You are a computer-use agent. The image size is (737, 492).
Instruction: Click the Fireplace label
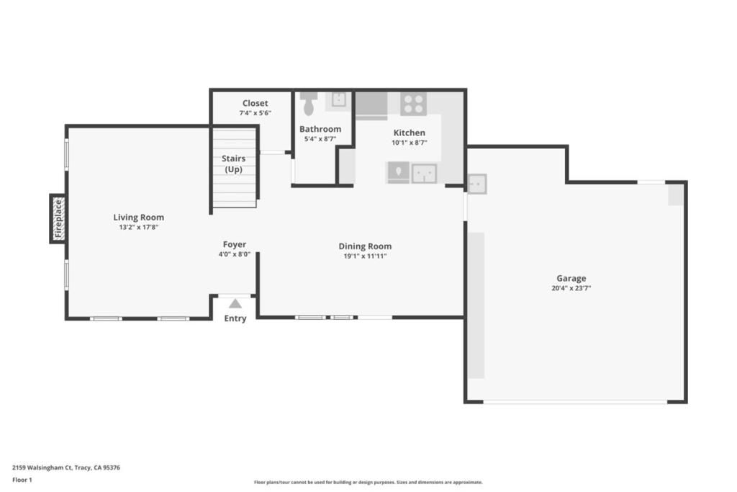(x=58, y=218)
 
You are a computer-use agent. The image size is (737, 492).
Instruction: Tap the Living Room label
(x=138, y=217)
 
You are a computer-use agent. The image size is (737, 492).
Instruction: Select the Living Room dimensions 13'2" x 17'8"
(x=138, y=228)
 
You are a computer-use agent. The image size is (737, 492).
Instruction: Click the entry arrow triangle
(x=235, y=303)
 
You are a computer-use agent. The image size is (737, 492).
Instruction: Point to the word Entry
(x=235, y=318)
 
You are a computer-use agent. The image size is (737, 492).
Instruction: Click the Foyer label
(x=234, y=244)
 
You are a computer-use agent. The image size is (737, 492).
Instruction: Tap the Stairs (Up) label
(x=233, y=164)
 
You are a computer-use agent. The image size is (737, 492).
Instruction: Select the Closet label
(x=255, y=103)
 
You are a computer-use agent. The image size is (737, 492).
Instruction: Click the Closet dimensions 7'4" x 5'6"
(x=255, y=113)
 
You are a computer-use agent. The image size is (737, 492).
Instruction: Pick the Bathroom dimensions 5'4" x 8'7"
(x=320, y=140)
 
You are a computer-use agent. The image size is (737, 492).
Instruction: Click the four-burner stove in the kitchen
(x=413, y=104)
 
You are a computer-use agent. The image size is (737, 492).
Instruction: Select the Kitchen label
(x=409, y=133)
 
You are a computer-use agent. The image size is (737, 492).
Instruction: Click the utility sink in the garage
(x=476, y=184)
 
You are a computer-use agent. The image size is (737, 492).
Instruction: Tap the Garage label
(x=571, y=278)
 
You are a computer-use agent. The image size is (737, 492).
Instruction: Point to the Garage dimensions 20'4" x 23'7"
(x=571, y=288)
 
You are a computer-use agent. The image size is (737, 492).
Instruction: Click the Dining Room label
(x=365, y=246)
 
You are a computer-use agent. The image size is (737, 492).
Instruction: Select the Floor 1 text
(x=22, y=480)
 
